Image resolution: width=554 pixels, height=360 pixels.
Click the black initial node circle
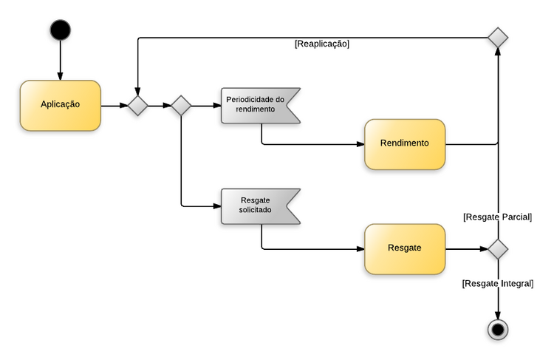coord(60,30)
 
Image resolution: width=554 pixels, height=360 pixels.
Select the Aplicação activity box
coord(60,105)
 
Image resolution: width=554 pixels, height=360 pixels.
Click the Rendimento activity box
coord(404,143)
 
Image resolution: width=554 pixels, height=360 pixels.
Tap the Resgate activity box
coord(404,248)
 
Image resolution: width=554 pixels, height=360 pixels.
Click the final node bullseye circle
coord(498,329)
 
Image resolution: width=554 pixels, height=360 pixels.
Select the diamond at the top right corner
coord(498,38)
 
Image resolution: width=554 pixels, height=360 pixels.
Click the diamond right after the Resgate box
coord(498,249)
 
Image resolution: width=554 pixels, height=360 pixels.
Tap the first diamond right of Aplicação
coord(137,106)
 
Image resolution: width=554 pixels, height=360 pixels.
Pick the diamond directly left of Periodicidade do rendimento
coord(181,106)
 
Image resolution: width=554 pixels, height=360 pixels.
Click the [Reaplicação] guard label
coord(321,44)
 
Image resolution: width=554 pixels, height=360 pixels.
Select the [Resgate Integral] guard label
coord(497,283)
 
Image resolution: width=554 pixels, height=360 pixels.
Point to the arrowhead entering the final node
coord(498,314)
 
